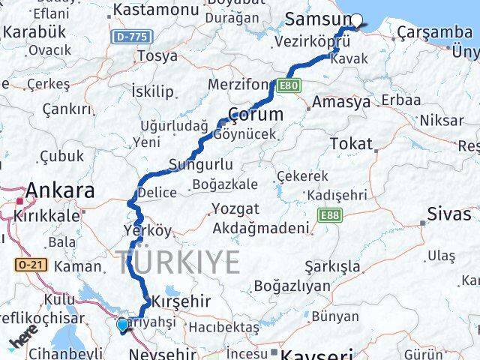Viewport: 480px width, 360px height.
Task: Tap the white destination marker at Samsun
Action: [x=357, y=21]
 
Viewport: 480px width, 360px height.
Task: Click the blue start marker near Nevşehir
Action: [x=123, y=325]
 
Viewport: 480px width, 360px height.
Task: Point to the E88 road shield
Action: [x=327, y=216]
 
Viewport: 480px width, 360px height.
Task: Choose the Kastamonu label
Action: [x=154, y=10]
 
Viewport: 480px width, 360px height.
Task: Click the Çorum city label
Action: [x=255, y=115]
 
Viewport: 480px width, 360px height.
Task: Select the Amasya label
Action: [x=341, y=101]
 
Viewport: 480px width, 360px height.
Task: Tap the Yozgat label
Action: [x=235, y=208]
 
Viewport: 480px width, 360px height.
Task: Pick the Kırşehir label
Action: [x=178, y=301]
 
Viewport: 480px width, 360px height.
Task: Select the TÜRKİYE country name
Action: [x=178, y=262]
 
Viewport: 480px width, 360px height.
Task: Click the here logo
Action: [x=24, y=341]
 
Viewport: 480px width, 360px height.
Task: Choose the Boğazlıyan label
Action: [x=292, y=285]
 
